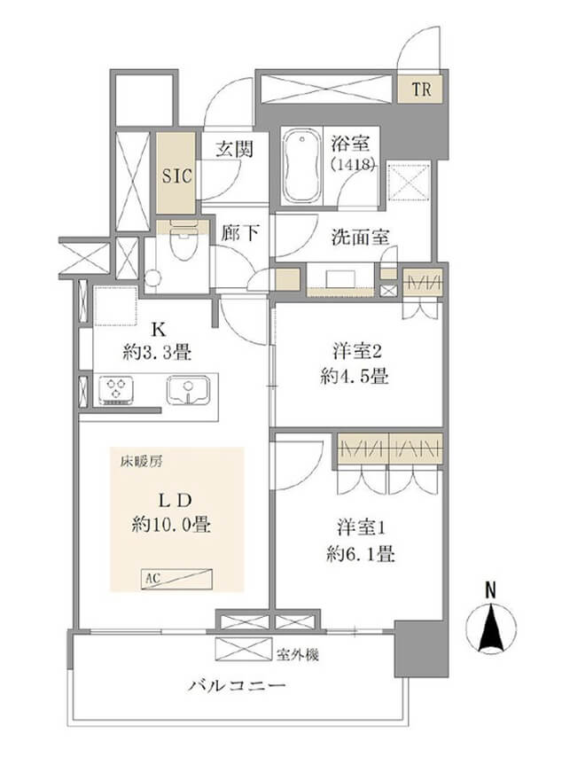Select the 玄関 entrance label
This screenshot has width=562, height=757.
pyautogui.click(x=235, y=148)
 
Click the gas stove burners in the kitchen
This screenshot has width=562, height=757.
pyautogui.click(x=119, y=389)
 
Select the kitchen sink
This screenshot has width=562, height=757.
pyautogui.click(x=188, y=389)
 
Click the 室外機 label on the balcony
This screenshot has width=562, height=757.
pyautogui.click(x=291, y=655)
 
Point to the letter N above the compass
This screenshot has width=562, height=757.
pyautogui.click(x=491, y=588)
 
